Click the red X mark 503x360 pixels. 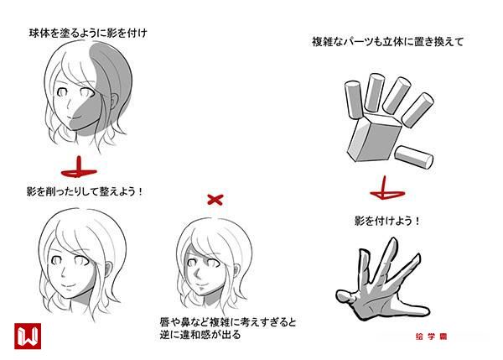coord(215,200)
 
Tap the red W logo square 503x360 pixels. coord(28,336)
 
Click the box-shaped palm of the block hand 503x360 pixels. coord(375,138)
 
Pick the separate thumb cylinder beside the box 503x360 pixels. coord(414,157)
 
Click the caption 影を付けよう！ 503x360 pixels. coord(387,222)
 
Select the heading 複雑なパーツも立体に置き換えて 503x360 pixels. coord(388,42)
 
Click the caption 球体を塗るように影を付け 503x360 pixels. coord(88,33)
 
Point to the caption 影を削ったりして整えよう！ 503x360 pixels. coord(85,191)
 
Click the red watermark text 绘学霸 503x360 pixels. coord(431,337)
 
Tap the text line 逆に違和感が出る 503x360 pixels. coord(200,335)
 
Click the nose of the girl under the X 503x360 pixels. coord(198,274)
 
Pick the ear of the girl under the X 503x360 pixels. coord(236,271)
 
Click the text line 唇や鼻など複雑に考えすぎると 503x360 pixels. coord(228,321)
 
